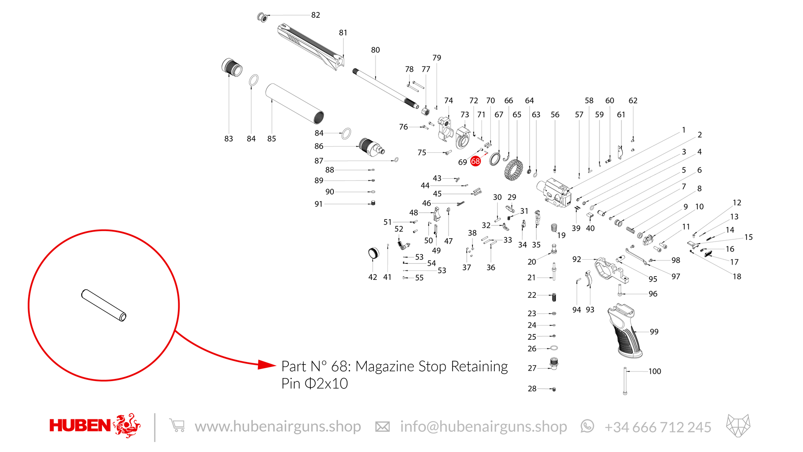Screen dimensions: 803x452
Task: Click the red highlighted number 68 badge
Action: pyautogui.click(x=475, y=161)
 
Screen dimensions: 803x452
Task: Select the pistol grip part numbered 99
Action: pyautogui.click(x=625, y=330)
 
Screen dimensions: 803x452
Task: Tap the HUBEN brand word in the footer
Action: pyautogui.click(x=80, y=426)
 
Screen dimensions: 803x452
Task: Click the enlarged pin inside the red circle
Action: pyautogui.click(x=104, y=305)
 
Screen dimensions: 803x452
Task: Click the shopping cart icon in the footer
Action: pyautogui.click(x=177, y=426)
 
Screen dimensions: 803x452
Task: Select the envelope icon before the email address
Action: pyautogui.click(x=382, y=427)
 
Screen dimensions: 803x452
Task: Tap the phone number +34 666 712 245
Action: pyautogui.click(x=658, y=427)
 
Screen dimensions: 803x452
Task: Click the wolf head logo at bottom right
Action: pyautogui.click(x=738, y=426)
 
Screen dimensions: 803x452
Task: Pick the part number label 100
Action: pyautogui.click(x=654, y=371)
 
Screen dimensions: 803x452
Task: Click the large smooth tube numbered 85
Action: pyautogui.click(x=294, y=104)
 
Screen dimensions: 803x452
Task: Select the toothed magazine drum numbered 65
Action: pyautogui.click(x=513, y=170)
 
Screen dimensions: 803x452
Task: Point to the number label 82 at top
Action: pyautogui.click(x=316, y=15)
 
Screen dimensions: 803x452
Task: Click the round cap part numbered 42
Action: pyautogui.click(x=373, y=253)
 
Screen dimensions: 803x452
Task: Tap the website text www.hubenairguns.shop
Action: pyautogui.click(x=278, y=426)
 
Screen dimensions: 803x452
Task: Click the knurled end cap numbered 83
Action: pyautogui.click(x=232, y=67)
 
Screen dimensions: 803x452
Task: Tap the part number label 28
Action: pyautogui.click(x=532, y=388)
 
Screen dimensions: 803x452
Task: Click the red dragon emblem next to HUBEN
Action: pyautogui.click(x=127, y=425)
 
